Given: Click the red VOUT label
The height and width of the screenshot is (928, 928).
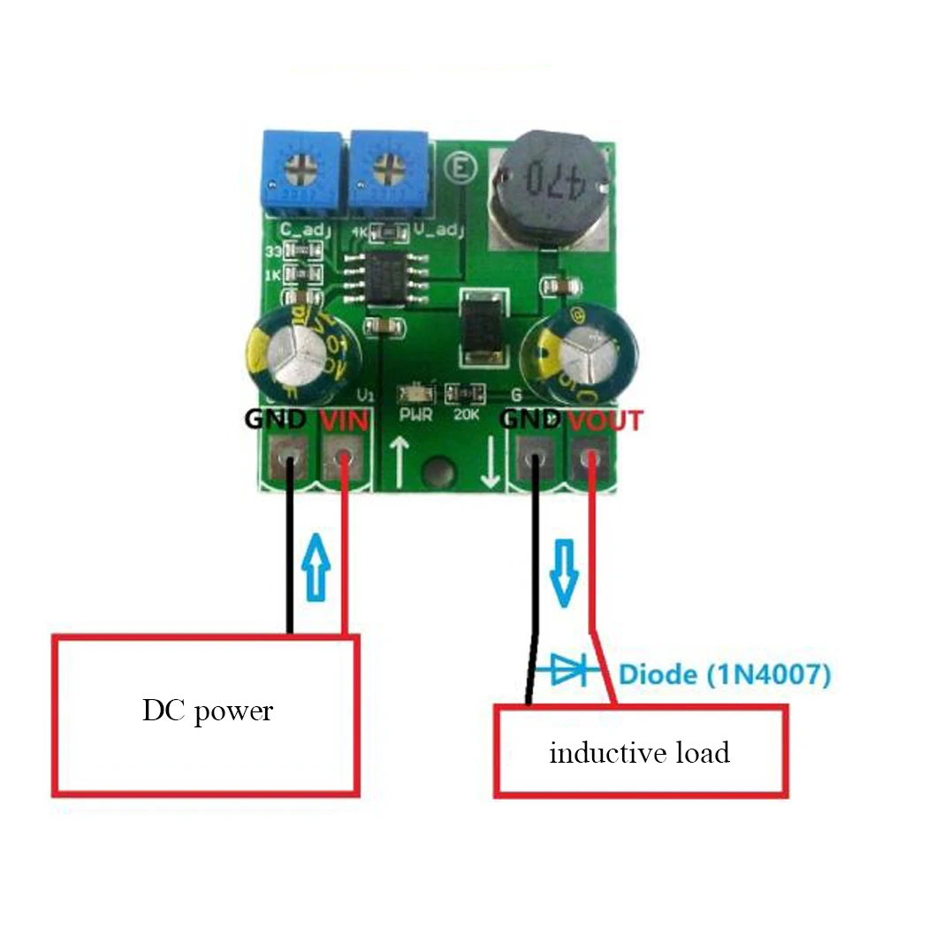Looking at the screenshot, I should (x=605, y=420).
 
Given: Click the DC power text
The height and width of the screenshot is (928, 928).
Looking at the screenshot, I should (x=208, y=711).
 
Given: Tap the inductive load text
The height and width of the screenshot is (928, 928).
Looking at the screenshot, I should (x=639, y=754).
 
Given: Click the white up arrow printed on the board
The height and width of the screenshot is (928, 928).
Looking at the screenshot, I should (x=399, y=462).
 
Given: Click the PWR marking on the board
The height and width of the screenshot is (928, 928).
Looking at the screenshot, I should (x=415, y=413).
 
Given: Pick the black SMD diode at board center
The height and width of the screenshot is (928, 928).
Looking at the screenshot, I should (x=483, y=330).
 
